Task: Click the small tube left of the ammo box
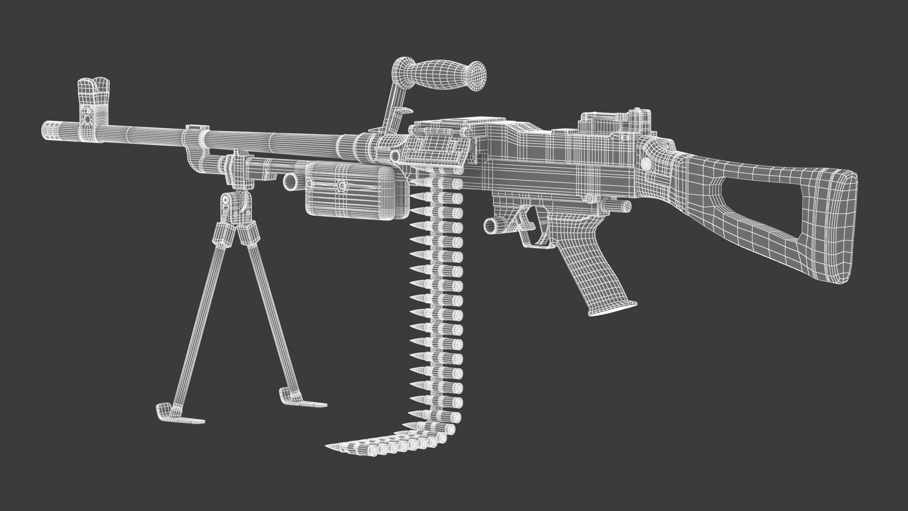292,181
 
